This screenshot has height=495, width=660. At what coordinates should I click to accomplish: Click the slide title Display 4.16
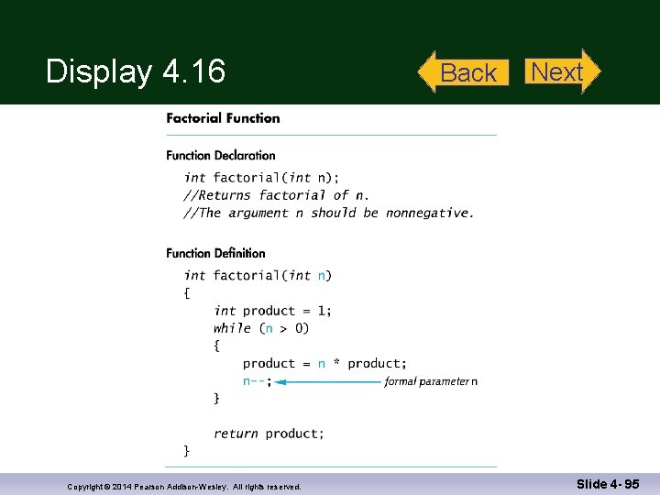(x=136, y=71)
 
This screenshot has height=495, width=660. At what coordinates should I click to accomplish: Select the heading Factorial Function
(x=223, y=118)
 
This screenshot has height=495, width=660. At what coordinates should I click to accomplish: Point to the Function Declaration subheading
(x=220, y=155)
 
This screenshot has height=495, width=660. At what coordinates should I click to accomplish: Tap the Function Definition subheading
(x=215, y=253)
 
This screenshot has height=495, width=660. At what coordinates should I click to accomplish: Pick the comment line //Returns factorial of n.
(x=277, y=195)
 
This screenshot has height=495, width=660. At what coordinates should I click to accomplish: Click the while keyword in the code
(x=232, y=328)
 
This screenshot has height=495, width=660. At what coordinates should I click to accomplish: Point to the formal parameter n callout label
(x=431, y=381)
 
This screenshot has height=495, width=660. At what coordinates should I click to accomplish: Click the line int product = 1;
(x=273, y=311)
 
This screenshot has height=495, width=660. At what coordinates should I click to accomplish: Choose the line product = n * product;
(x=324, y=364)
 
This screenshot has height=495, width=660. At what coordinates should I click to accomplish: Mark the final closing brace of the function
(x=187, y=450)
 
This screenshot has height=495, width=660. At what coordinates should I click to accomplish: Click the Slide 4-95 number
(x=608, y=484)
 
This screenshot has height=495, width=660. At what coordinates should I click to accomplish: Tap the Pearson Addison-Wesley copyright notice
(x=184, y=486)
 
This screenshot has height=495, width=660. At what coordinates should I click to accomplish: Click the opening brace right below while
(x=217, y=346)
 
